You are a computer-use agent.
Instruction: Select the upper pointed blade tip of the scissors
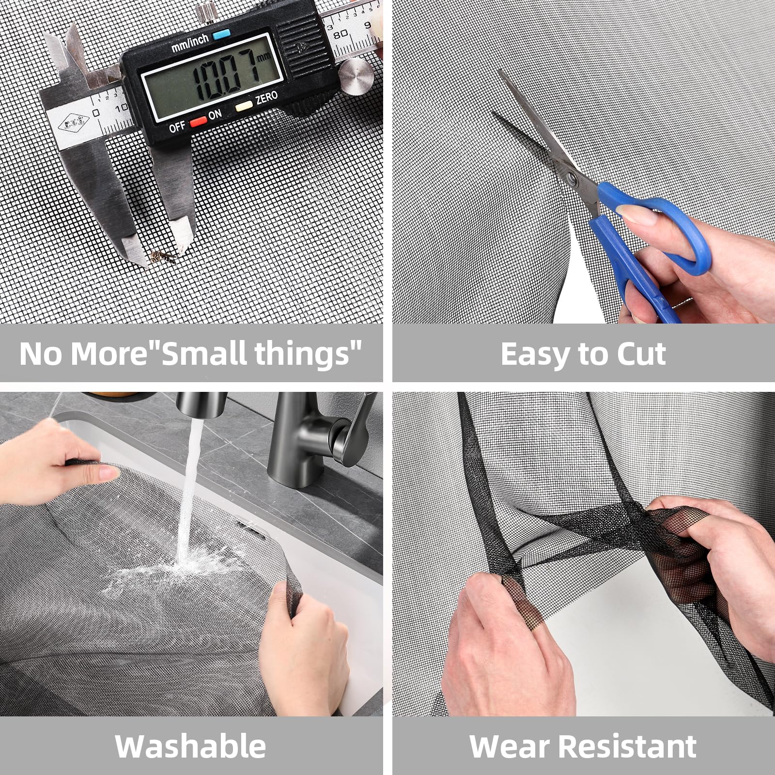tap(499, 71)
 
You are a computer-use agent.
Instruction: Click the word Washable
tap(191, 745)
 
